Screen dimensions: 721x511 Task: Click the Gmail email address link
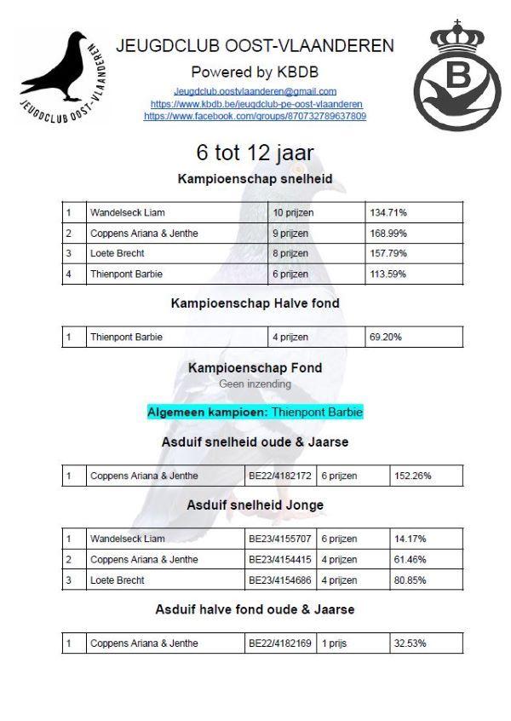255,90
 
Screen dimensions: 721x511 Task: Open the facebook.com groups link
255,115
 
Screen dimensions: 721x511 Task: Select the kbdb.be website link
255,103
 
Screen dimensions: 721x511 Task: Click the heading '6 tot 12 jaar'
255,153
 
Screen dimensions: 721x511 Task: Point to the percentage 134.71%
388,212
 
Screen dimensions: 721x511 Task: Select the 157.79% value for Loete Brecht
388,253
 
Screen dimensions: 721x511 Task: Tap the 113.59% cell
388,274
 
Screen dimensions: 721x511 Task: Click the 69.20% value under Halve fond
385,337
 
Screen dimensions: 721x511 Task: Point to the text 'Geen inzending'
255,384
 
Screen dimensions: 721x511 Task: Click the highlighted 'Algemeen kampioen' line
255,412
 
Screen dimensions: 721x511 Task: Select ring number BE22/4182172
280,476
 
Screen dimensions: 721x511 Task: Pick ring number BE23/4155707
280,539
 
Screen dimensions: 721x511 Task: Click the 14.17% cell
409,539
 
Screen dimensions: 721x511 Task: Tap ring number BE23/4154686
280,580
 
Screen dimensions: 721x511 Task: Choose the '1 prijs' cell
336,643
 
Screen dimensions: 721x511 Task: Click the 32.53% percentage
410,643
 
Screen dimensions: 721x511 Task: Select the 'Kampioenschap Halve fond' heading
255,303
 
